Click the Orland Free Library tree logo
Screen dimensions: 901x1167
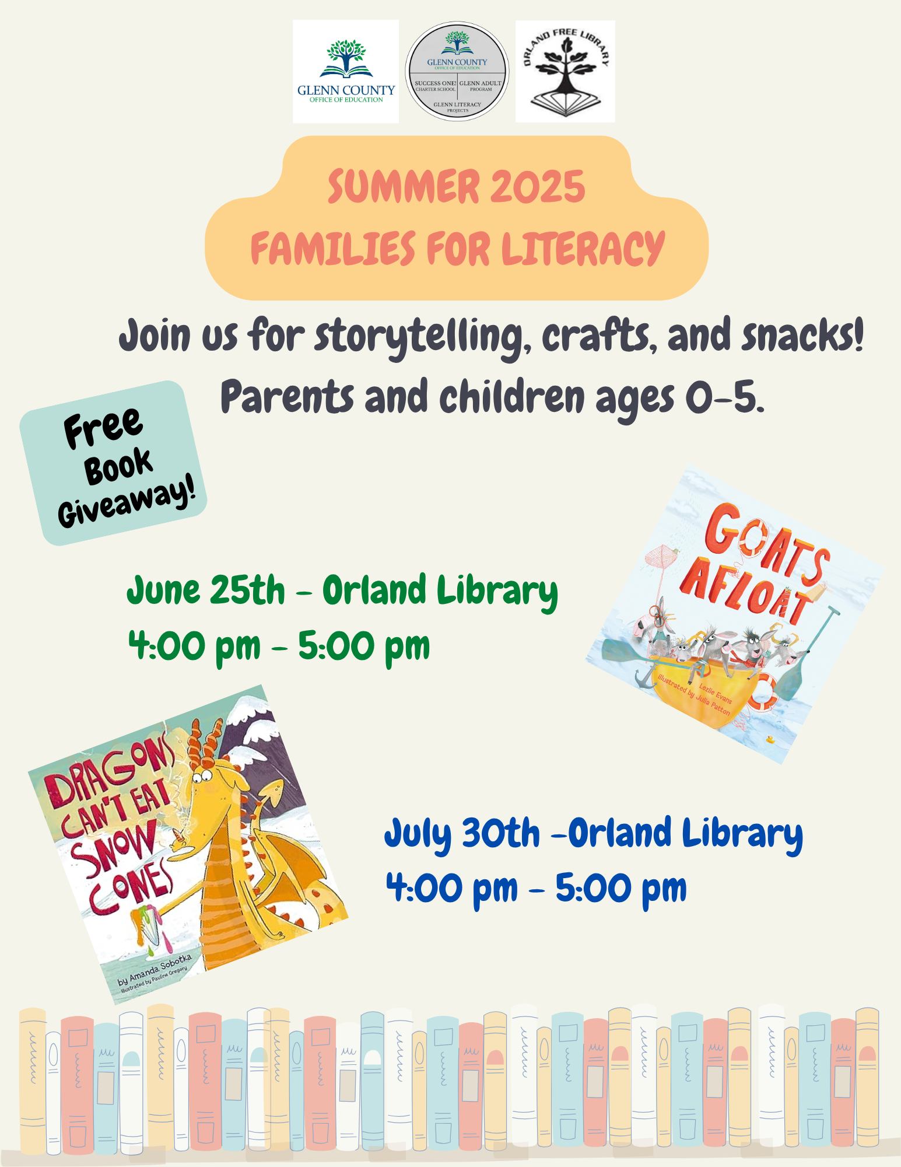tap(565, 71)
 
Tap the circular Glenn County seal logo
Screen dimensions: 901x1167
tap(457, 72)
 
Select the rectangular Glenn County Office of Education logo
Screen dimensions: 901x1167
tap(346, 71)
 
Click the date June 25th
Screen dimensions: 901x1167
tap(206, 592)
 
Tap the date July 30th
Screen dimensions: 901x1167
tap(462, 834)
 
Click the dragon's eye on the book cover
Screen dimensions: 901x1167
tap(201, 775)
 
